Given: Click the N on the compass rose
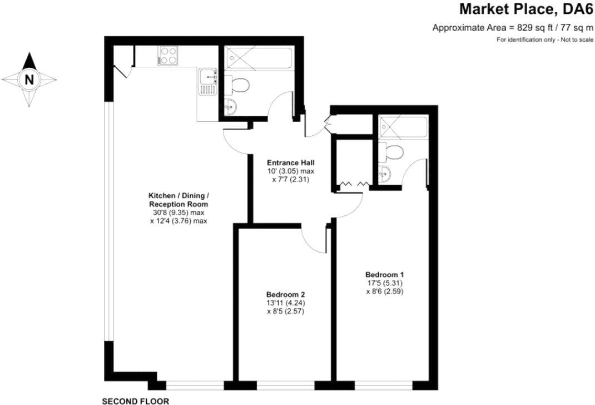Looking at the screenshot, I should pos(29,80).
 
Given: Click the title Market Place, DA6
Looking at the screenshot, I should pos(525,9).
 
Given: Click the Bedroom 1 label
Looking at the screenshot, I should pos(384,274).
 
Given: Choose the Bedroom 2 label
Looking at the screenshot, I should pos(285,294).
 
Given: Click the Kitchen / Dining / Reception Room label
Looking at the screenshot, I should pos(178,200).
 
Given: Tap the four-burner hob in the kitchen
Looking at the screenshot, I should pos(168,56).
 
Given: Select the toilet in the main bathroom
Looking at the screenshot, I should pos(240,85).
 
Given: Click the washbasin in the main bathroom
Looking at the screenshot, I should pos(231,105).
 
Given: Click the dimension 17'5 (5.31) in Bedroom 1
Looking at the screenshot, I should pos(384,282).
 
